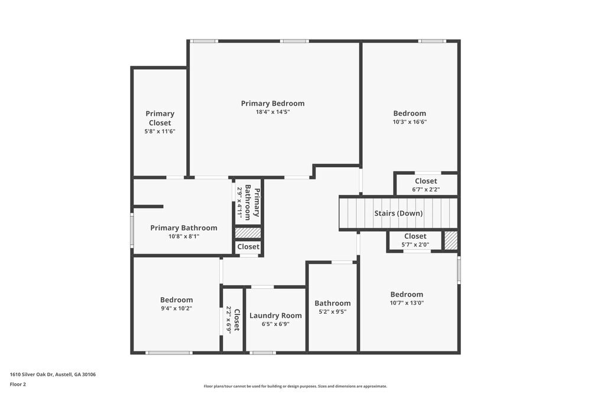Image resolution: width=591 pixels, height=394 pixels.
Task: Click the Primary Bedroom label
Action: [x=272, y=103]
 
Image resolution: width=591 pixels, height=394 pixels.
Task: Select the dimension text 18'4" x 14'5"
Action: [x=272, y=112]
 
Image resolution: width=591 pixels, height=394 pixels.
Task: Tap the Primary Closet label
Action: [x=160, y=118]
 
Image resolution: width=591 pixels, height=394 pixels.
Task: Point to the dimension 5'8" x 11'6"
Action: [x=160, y=131]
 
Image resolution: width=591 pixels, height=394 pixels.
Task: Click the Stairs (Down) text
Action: [x=398, y=213]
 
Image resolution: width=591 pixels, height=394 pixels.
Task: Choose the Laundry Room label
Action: [x=275, y=315]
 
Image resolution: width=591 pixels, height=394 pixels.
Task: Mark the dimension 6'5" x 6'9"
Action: [x=275, y=324]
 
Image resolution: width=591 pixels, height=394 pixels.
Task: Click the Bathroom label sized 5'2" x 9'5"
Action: [x=333, y=303]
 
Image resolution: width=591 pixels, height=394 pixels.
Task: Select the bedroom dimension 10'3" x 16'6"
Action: [x=410, y=122]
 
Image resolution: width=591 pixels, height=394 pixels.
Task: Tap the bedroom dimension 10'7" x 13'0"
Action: [x=407, y=302]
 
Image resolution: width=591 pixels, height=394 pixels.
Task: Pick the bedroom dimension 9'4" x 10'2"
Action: [x=176, y=308]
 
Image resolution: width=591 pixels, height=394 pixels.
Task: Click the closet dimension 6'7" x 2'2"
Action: [x=426, y=190]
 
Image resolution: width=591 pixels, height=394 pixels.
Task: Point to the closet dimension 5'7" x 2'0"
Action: [x=415, y=244]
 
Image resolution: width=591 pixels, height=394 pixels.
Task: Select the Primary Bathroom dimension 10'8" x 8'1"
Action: [x=183, y=236]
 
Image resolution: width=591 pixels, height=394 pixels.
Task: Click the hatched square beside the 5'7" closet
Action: [x=451, y=240]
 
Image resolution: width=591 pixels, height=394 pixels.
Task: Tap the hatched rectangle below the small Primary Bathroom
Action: [x=248, y=233]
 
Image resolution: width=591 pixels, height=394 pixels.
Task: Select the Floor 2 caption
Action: [x=18, y=384]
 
